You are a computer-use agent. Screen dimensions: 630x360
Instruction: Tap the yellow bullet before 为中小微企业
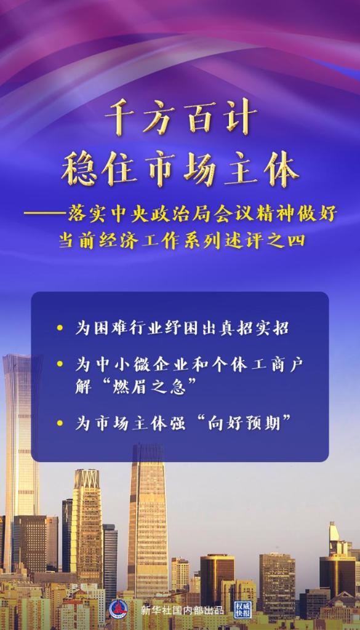pos(60,364)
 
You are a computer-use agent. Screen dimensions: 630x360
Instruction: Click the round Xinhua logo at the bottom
pos(119,609)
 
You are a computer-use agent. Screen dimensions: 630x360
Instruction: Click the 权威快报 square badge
pos(244,609)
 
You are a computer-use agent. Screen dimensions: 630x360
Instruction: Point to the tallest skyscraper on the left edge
pos(21,443)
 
